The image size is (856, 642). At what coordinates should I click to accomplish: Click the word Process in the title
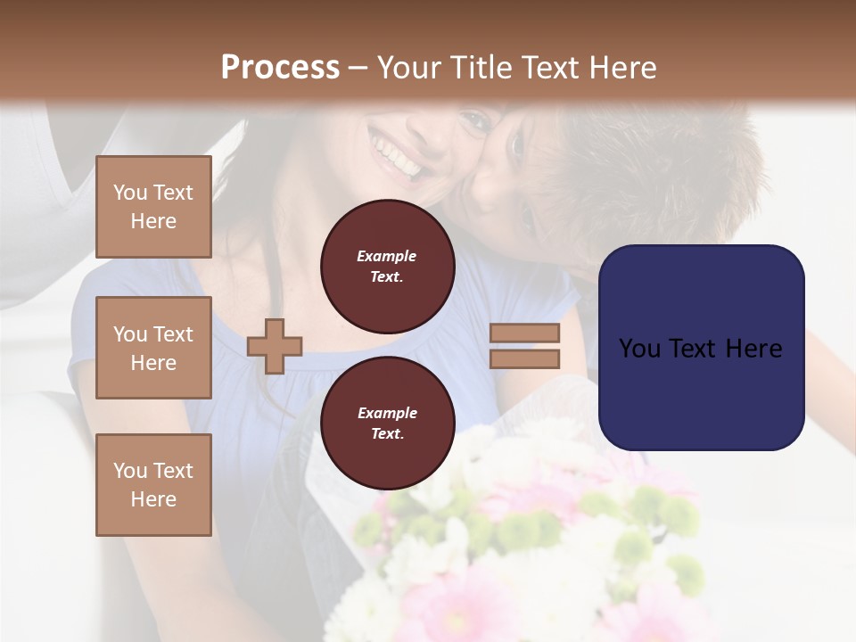coord(280,68)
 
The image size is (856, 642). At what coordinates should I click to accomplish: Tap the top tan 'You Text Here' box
coord(153,207)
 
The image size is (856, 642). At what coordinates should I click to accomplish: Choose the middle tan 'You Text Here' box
coord(153,348)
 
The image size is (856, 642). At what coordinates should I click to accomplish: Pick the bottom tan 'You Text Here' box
coord(153,484)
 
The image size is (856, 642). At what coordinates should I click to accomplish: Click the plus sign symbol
coord(275,346)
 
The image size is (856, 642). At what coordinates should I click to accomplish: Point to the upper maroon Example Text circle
coord(387,267)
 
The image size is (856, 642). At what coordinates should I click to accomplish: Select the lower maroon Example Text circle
coord(387,423)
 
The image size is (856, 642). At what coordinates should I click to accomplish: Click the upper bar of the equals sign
coord(524,333)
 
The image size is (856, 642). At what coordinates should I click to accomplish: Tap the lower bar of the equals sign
coord(524,358)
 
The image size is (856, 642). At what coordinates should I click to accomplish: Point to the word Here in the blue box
coord(753,349)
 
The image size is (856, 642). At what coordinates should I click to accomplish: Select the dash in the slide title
coord(358,69)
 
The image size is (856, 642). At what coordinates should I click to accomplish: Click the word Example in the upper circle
coord(387,256)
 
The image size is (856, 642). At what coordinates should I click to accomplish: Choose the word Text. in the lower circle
coord(387,433)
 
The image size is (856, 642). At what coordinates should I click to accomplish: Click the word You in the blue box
coord(638,349)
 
